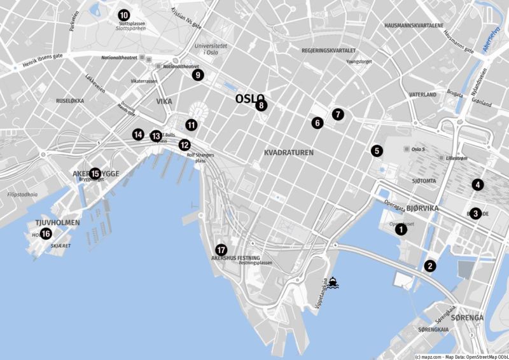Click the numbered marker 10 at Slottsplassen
pos(123,15)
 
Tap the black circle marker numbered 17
pos(221,250)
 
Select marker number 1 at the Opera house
pos(401,230)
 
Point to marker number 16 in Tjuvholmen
pos(46,234)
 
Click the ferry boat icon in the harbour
pos(333,282)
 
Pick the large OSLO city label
pos(249,99)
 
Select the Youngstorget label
pos(358,62)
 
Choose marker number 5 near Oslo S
pos(377,151)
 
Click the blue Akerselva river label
pos(489,45)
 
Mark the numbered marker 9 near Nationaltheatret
pos(197,75)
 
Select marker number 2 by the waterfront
pos(430,266)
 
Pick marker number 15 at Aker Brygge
pos(95,173)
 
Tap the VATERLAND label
pos(422,95)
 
